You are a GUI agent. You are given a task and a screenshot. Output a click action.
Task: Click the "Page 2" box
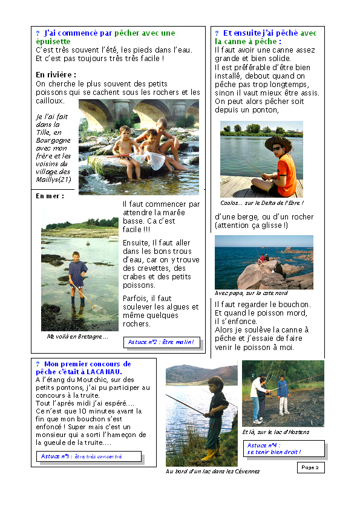pyautogui.click(x=310, y=467)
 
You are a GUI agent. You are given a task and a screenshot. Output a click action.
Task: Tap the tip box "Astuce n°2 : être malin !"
pyautogui.click(x=162, y=342)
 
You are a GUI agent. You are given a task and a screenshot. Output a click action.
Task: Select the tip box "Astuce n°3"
pyautogui.click(x=88, y=456)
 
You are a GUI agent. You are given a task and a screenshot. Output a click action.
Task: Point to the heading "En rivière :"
pyautogui.click(x=56, y=75)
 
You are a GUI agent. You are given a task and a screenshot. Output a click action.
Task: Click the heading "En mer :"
pyautogui.click(x=50, y=196)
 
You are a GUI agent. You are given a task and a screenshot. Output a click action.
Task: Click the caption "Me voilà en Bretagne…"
pyautogui.click(x=77, y=336)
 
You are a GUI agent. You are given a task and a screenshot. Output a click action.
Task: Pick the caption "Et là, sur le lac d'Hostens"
pyautogui.click(x=275, y=432)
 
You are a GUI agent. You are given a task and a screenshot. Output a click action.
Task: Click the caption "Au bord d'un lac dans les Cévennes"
pyautogui.click(x=212, y=471)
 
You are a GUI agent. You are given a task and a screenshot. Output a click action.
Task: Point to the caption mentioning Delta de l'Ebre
pyautogui.click(x=261, y=203)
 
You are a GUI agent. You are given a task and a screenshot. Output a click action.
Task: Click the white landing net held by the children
pyautogui.click(x=156, y=160)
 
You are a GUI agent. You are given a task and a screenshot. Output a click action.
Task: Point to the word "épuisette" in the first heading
pyautogui.click(x=53, y=41)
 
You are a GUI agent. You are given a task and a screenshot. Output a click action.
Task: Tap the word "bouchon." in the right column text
pyautogui.click(x=296, y=304)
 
